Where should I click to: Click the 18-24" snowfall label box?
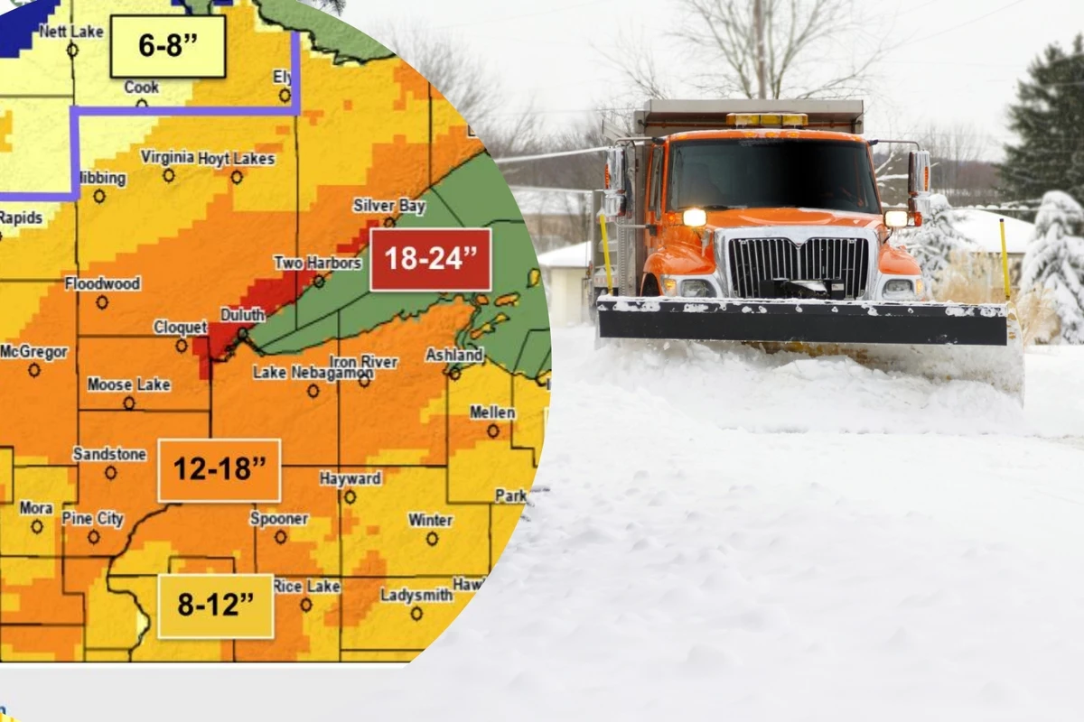(431, 259)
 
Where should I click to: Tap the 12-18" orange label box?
(220, 469)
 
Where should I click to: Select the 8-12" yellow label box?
(215, 606)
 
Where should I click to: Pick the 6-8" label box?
(168, 46)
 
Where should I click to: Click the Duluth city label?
(243, 315)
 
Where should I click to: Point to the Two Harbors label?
(317, 263)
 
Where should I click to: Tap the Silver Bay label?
(388, 206)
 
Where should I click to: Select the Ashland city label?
(454, 355)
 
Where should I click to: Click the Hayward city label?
(350, 478)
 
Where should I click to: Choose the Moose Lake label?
(128, 384)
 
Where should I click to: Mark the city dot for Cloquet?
(182, 346)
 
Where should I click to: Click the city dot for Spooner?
(280, 537)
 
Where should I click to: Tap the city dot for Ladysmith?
(416, 613)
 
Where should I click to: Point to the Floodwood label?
(102, 283)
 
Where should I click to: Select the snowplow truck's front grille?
(798, 267)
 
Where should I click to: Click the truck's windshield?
(772, 175)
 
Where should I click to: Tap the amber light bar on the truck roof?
(766, 119)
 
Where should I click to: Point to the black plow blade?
(801, 323)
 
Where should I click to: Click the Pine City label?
(93, 518)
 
